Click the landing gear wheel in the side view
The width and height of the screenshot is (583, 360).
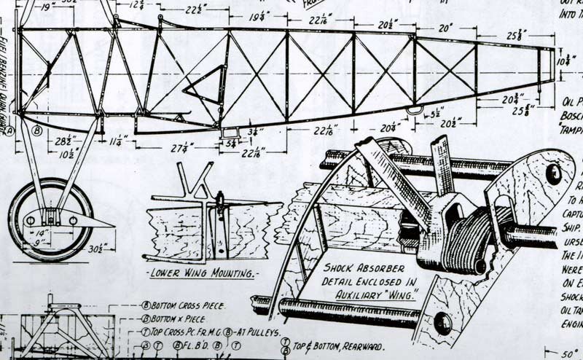51,219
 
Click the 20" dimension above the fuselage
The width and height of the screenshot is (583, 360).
445,27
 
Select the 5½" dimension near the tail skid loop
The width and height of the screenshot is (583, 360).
436,114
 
